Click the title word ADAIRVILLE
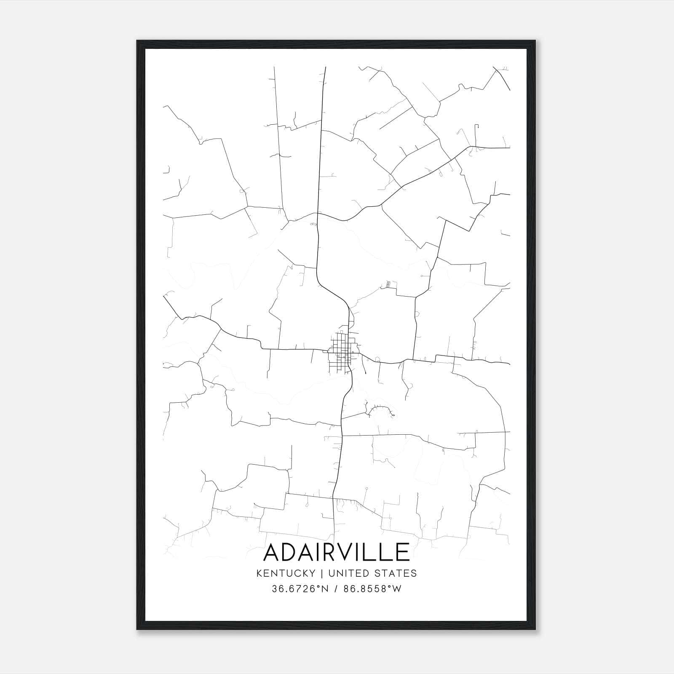336,552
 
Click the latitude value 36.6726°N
300,589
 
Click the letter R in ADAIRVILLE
331,552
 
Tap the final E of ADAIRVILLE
402,552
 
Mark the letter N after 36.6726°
324,589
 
